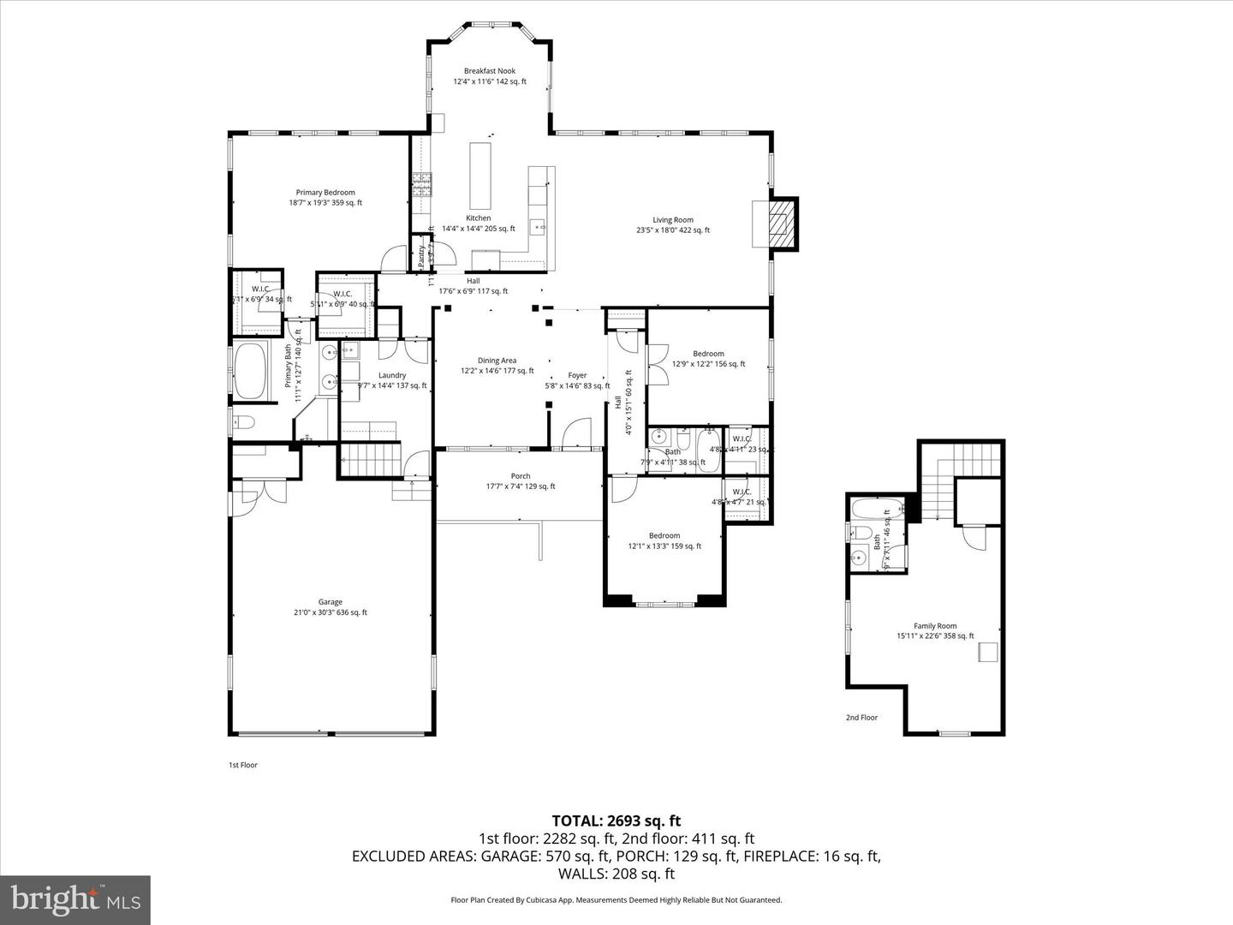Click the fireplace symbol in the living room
[781, 224]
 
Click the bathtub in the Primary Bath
[251, 372]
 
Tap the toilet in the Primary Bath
[244, 422]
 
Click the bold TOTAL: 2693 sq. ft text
[616, 821]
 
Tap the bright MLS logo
[75, 900]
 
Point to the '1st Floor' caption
[242, 765]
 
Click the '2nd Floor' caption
[861, 718]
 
